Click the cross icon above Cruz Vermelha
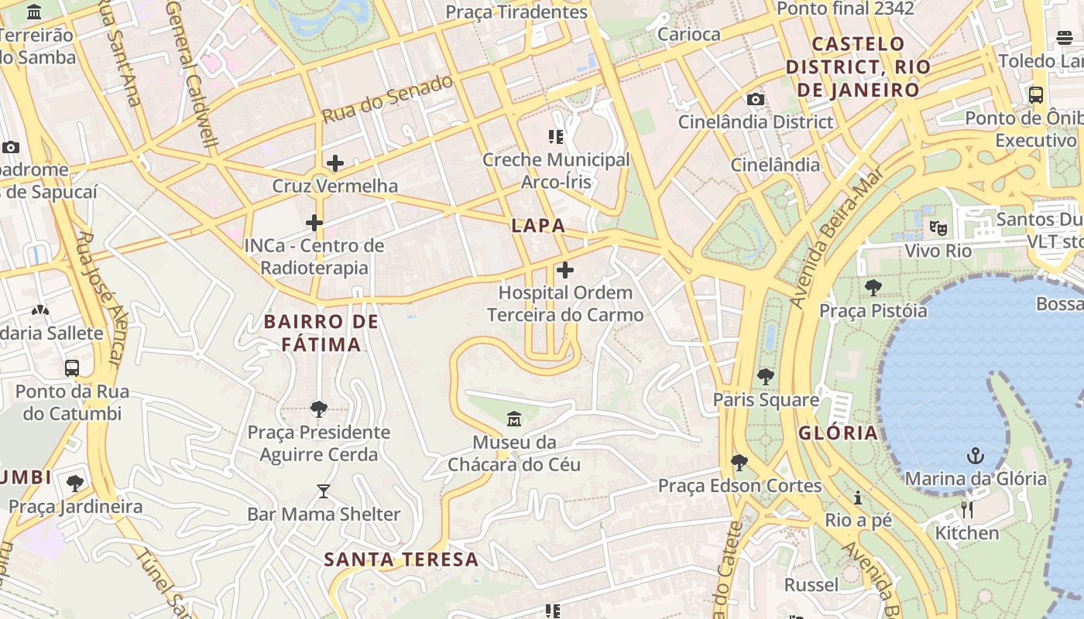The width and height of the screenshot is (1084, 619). [x=335, y=163]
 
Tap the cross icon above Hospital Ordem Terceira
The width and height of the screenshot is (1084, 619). [x=565, y=270]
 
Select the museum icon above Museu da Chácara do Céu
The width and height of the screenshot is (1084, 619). [x=513, y=419]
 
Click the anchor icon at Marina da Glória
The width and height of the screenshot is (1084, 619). [x=976, y=455]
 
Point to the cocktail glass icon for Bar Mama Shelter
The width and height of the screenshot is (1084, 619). [x=324, y=491]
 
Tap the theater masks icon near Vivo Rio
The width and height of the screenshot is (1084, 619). [x=938, y=227]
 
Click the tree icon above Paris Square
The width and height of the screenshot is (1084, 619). [x=766, y=377]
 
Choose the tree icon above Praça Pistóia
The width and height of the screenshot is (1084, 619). [x=873, y=288]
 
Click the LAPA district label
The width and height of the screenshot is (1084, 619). [x=538, y=226]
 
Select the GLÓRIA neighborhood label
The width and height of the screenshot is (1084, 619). [x=839, y=433]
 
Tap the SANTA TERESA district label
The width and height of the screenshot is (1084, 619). [x=401, y=559]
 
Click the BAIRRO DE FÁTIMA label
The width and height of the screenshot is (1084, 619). [x=321, y=333]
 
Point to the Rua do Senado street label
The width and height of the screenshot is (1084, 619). [x=387, y=99]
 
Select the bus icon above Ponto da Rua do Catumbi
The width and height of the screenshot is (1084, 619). [x=72, y=368]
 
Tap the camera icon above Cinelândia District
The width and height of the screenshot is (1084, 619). [x=755, y=99]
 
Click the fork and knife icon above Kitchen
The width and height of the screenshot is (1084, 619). [x=966, y=509]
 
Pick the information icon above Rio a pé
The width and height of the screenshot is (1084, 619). [x=858, y=497]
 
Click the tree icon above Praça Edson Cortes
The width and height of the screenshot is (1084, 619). [x=739, y=463]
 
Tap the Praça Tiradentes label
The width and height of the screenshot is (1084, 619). [x=516, y=12]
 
